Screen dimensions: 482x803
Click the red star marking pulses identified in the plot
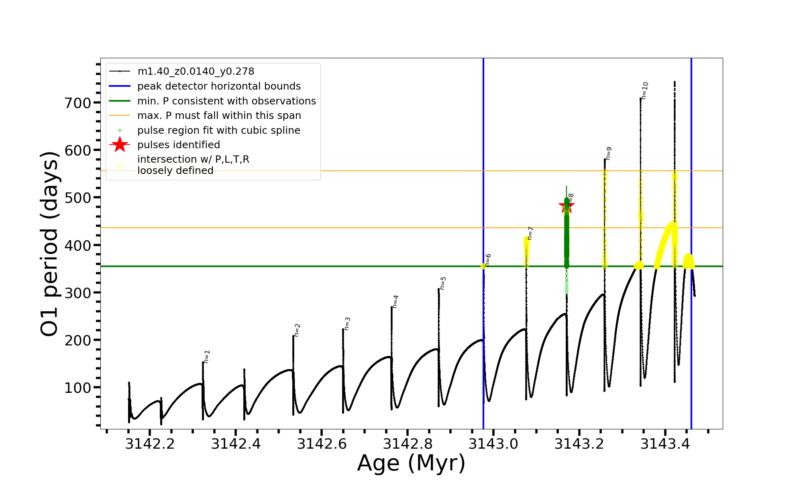(567, 206)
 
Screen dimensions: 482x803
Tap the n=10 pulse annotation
(644, 91)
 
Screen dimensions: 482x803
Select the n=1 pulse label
(207, 357)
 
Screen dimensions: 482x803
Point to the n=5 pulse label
(443, 283)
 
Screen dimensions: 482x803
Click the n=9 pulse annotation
(608, 153)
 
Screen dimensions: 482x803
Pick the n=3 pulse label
(347, 324)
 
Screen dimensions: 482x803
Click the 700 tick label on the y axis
(78, 103)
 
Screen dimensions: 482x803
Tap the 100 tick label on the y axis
(78, 388)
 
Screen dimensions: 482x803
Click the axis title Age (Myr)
(411, 463)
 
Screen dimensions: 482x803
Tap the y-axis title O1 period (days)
(50, 244)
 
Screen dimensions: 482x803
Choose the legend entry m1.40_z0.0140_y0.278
(196, 71)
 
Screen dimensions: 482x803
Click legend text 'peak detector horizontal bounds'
(219, 86)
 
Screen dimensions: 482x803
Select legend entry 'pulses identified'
(179, 145)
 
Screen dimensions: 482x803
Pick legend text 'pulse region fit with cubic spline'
(219, 131)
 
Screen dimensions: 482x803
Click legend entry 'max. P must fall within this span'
(219, 116)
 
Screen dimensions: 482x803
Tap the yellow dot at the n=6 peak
(483, 266)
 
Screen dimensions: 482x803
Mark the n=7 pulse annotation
(530, 233)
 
